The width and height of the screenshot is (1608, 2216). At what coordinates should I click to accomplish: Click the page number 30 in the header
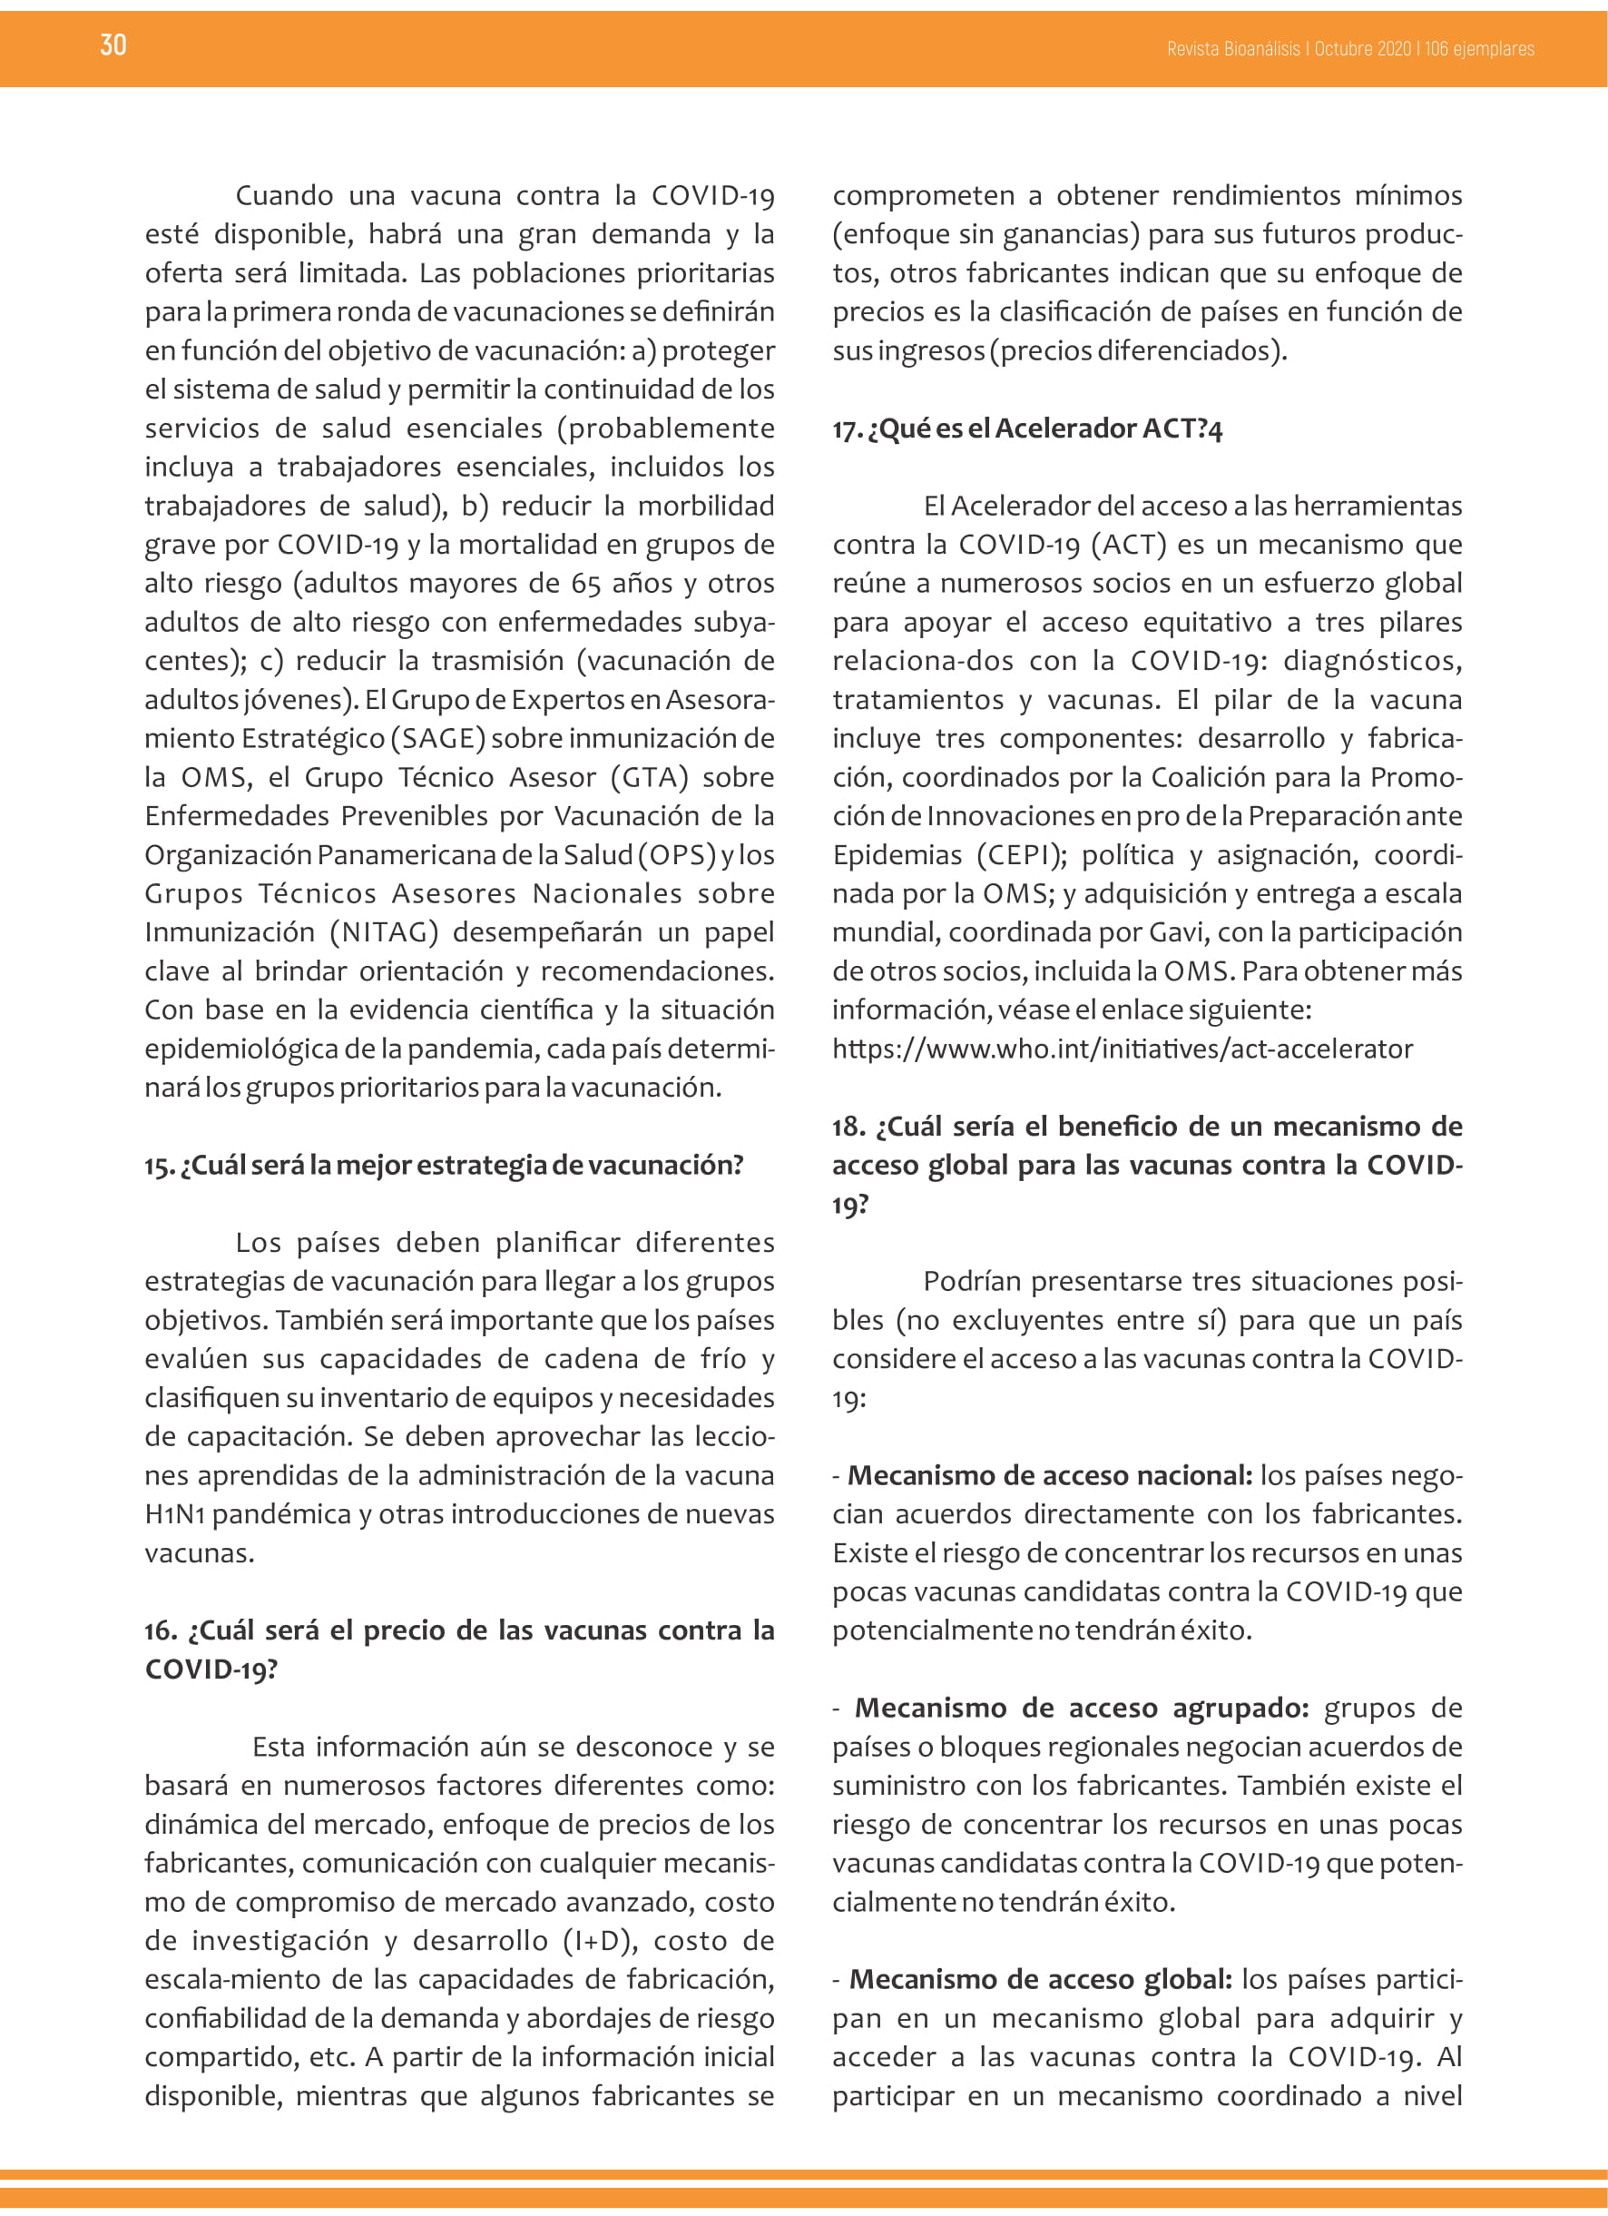tap(113, 45)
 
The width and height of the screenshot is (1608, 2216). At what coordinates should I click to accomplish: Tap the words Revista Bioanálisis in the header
tap(1233, 49)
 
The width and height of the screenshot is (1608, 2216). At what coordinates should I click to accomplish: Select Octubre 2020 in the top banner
tap(1363, 49)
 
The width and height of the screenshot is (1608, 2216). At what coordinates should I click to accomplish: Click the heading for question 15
tap(445, 1165)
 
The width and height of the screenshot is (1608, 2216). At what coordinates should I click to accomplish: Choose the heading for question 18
tap(1147, 1165)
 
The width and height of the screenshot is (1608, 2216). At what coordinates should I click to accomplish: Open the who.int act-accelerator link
tap(1123, 1049)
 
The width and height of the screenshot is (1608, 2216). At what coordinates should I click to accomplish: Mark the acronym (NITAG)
tap(384, 932)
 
